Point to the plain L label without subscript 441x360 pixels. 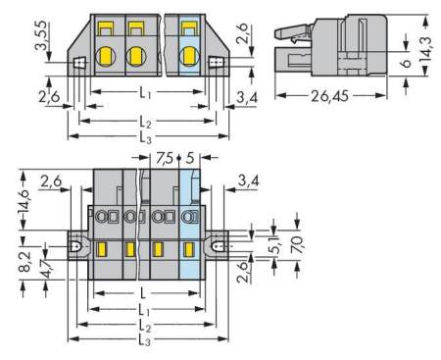[x=145, y=294]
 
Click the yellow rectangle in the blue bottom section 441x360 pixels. [x=192, y=250]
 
